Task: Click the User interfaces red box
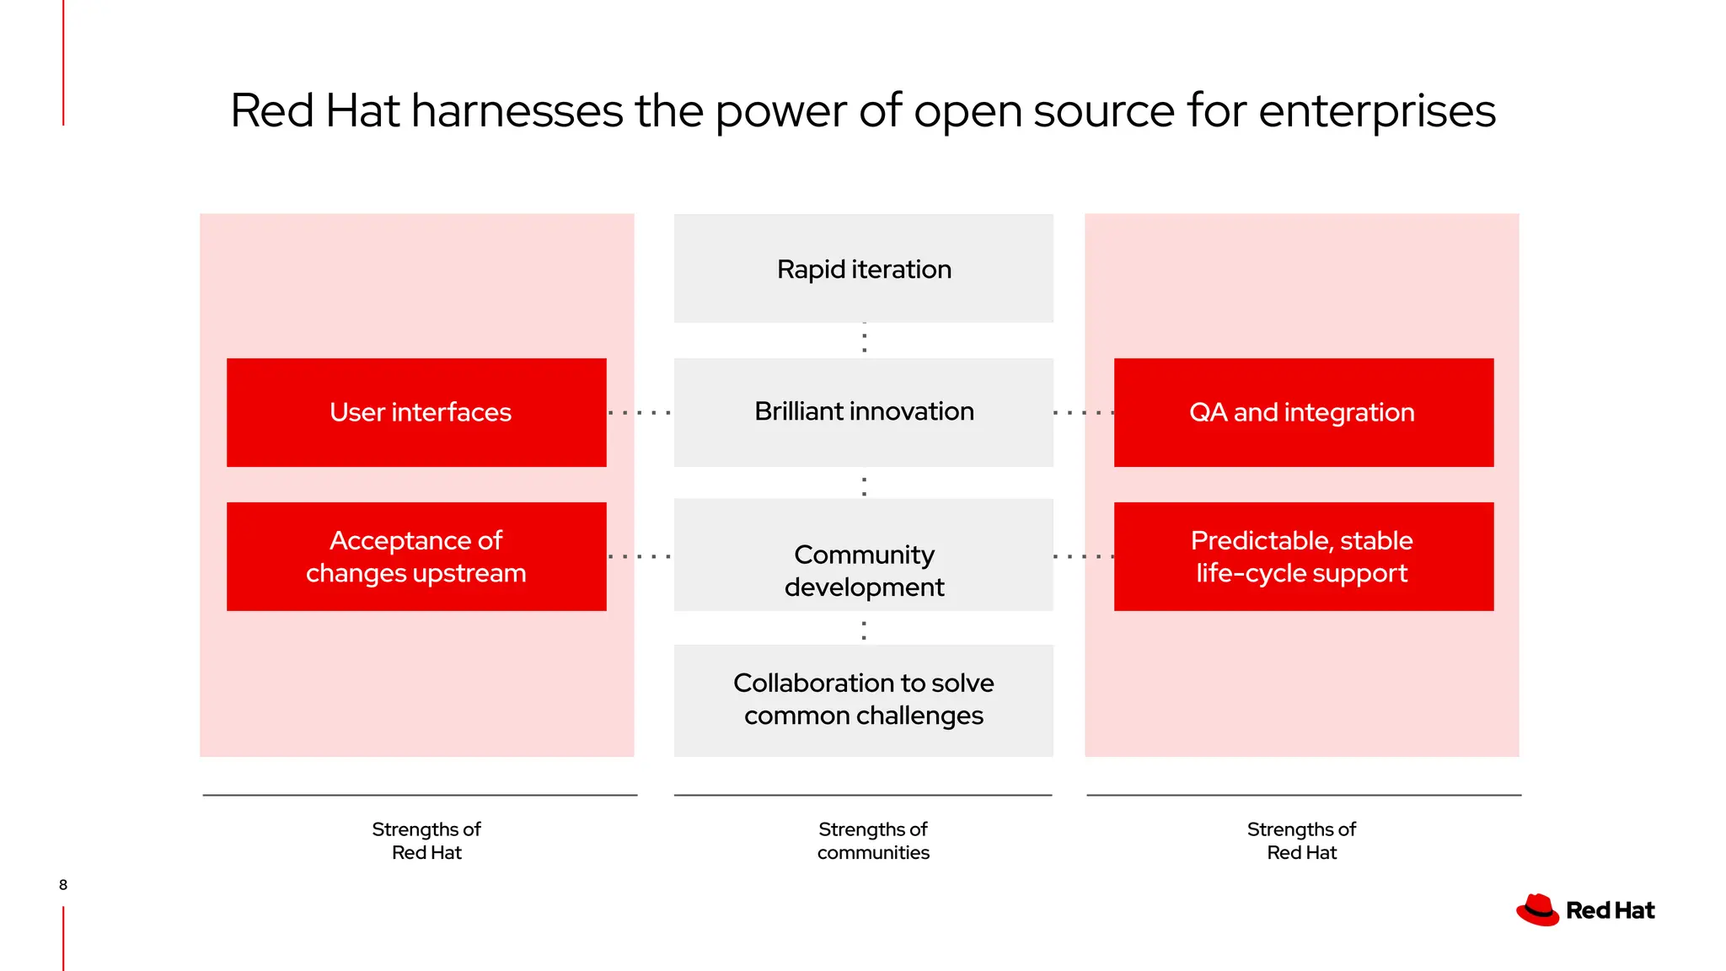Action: pos(416,412)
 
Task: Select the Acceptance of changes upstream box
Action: pos(416,556)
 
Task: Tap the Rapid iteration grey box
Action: pos(863,269)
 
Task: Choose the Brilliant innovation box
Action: pos(863,412)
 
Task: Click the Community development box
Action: pos(863,556)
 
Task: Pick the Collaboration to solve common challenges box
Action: pos(863,700)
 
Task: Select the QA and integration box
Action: pos(1303,412)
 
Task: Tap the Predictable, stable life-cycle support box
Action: pos(1303,556)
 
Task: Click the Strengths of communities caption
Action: pos(873,840)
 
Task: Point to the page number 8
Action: pos(63,884)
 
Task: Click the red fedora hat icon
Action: pos(1537,910)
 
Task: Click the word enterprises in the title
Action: pos(1376,111)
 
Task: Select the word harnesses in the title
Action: pos(517,111)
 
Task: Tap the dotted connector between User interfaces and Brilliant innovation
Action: pos(640,413)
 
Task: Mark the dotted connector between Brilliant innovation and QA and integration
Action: pos(1084,413)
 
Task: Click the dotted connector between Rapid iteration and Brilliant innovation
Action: pos(864,340)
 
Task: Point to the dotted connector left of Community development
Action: pos(640,557)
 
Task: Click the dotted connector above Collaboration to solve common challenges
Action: pos(864,629)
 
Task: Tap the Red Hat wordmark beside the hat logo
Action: pos(1610,910)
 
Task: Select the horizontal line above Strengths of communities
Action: pos(863,795)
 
